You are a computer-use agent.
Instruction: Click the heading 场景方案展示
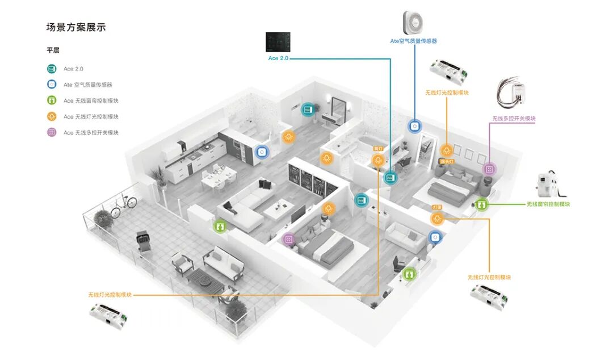pyautogui.click(x=76, y=27)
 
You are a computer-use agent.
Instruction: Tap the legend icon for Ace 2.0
pyautogui.click(x=52, y=69)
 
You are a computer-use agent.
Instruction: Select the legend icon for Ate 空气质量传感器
pyautogui.click(x=52, y=85)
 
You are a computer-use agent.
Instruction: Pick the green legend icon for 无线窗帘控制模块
pyautogui.click(x=52, y=101)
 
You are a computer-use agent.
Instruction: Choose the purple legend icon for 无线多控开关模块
pyautogui.click(x=52, y=132)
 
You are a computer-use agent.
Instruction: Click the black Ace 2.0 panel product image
pyautogui.click(x=278, y=43)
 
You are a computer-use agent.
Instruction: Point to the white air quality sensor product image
pyautogui.click(x=414, y=23)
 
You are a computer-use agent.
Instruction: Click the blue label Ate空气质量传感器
pyautogui.click(x=413, y=41)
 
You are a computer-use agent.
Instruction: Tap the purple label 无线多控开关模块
pyautogui.click(x=514, y=119)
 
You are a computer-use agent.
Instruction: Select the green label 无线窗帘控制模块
pyautogui.click(x=548, y=204)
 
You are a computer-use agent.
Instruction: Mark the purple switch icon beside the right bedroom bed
pyautogui.click(x=489, y=169)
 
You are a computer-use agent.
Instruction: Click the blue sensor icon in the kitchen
pyautogui.click(x=261, y=152)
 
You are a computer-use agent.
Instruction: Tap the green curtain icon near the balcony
pyautogui.click(x=220, y=226)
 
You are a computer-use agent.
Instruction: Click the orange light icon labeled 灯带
pyautogui.click(x=436, y=218)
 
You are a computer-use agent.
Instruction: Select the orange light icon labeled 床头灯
pyautogui.click(x=447, y=151)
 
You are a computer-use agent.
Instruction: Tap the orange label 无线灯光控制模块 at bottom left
pyautogui.click(x=110, y=295)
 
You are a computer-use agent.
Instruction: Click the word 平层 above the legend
pyautogui.click(x=53, y=50)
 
